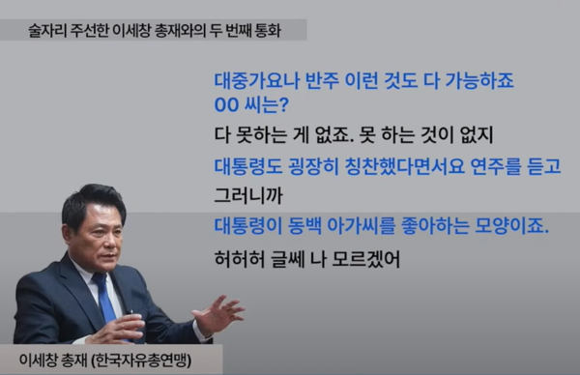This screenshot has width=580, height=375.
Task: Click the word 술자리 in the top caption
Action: point(51,31)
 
